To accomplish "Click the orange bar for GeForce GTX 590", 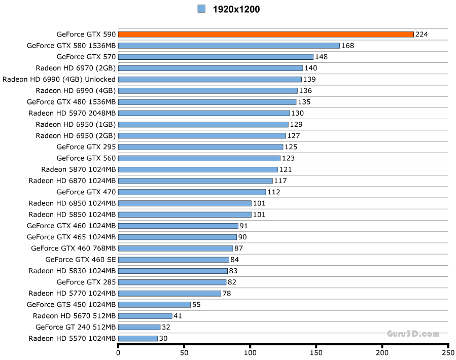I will pos(266,34).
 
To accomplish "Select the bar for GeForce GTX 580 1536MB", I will pos(229,46).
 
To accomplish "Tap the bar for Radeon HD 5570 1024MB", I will pos(138,338).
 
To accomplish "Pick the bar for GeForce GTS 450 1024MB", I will pos(154,305).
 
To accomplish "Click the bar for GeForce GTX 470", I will pos(192,192).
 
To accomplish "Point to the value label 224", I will pos(422,34).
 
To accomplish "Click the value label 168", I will pos(347,46).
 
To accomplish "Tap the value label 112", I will pos(274,192).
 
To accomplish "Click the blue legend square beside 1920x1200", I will pos(201,9).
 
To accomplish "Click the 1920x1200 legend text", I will pos(236,9).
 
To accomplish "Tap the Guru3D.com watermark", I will pos(412,334).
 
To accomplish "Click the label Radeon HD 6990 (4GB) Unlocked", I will pos(59,80).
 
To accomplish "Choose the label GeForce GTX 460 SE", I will pos(81,260).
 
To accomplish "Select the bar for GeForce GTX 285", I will pos(172,282).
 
